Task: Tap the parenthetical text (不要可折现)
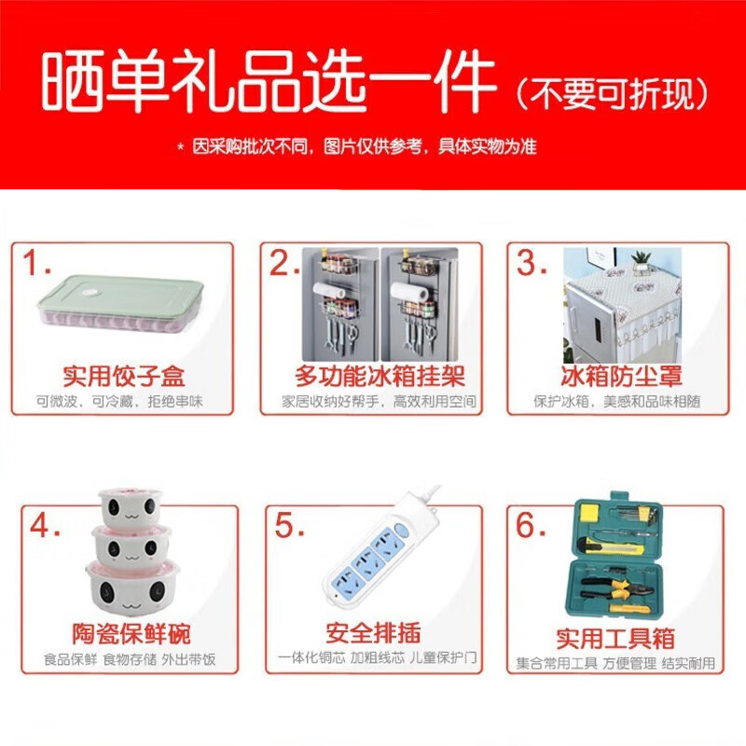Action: tap(613, 92)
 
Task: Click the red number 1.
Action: tap(37, 265)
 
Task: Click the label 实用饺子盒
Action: tap(124, 377)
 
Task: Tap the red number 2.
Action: tap(283, 265)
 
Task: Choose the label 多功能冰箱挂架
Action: tap(380, 377)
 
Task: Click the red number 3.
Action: tap(532, 265)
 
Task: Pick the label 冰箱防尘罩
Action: tap(621, 377)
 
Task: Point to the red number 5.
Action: tap(288, 526)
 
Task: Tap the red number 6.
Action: tap(532, 526)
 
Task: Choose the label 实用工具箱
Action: tap(615, 639)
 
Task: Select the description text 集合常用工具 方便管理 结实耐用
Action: tap(615, 663)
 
